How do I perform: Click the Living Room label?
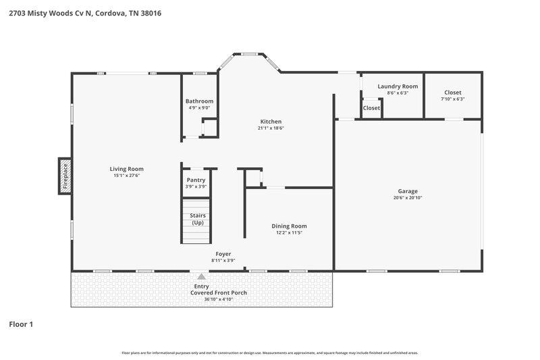(x=127, y=169)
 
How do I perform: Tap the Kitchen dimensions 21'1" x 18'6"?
(x=270, y=128)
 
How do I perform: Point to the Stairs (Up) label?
(x=198, y=219)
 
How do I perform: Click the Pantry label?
(x=196, y=180)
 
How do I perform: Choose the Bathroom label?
(x=199, y=101)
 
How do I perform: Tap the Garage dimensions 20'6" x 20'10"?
(x=407, y=198)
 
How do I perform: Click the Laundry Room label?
(x=398, y=86)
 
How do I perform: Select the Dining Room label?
(x=289, y=226)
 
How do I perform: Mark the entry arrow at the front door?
(x=201, y=276)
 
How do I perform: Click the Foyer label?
(x=223, y=254)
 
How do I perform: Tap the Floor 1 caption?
(x=21, y=324)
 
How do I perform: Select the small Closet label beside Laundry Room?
(x=371, y=108)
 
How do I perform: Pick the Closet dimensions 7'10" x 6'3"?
(x=453, y=99)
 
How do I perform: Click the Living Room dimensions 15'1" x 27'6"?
(x=127, y=176)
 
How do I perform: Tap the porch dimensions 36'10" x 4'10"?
(x=218, y=299)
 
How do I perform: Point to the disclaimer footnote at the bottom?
(x=270, y=353)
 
